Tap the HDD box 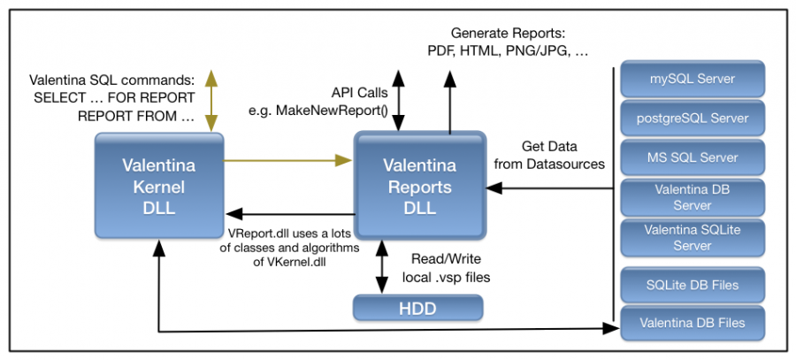click(x=419, y=308)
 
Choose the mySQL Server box click(x=693, y=80)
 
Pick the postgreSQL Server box click(x=693, y=118)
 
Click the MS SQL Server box click(x=693, y=157)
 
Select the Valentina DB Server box click(x=693, y=197)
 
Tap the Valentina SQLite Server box click(x=693, y=237)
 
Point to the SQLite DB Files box click(x=693, y=285)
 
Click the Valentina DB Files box click(x=693, y=323)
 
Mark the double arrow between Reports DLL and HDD click(x=382, y=266)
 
